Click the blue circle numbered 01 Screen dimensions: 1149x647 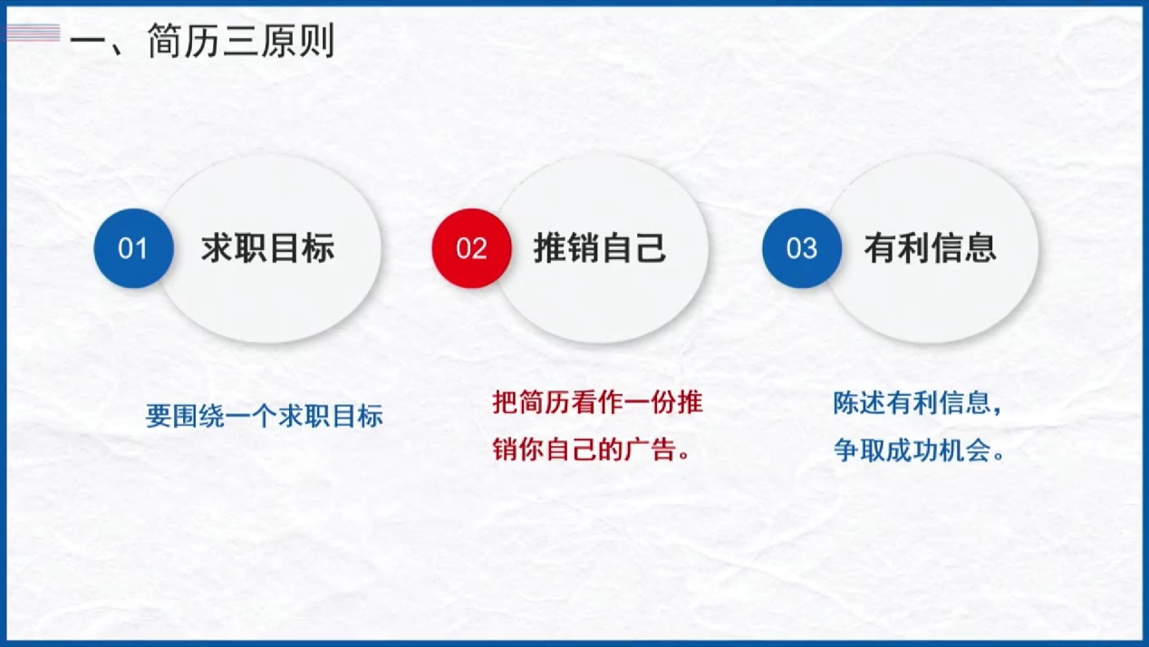click(133, 248)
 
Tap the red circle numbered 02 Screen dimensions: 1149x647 click(471, 248)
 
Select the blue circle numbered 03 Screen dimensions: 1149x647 click(802, 248)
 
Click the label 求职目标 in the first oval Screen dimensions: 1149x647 click(267, 248)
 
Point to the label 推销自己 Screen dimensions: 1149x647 click(600, 248)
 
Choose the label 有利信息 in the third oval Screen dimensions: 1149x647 click(930, 248)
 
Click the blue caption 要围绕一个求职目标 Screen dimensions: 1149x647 click(265, 416)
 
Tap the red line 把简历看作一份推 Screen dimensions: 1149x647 click(597, 402)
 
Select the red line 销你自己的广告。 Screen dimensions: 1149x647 click(591, 449)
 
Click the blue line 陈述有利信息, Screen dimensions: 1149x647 click(917, 402)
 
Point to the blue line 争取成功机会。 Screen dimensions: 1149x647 click(918, 450)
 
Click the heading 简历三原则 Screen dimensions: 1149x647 click(241, 40)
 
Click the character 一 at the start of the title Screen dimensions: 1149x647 click(88, 41)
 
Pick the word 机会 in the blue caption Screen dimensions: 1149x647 click(964, 450)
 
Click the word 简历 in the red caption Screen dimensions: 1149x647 click(545, 402)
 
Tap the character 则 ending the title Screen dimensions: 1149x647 click(317, 40)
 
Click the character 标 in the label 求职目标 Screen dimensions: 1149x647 click(319, 248)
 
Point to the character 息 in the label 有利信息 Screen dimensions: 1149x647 click(981, 248)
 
